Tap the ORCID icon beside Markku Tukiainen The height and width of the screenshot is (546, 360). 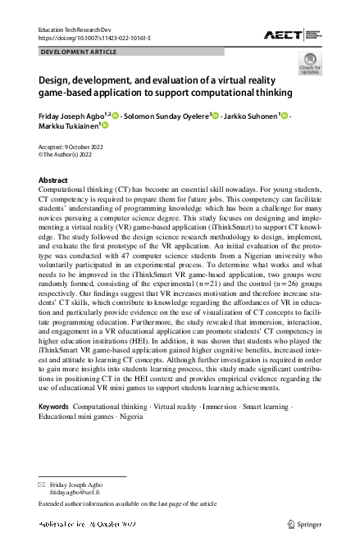pyautogui.click(x=104, y=126)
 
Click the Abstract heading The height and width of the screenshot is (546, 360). pyautogui.click(x=53, y=180)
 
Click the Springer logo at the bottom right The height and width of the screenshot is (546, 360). pyautogui.click(x=306, y=523)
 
